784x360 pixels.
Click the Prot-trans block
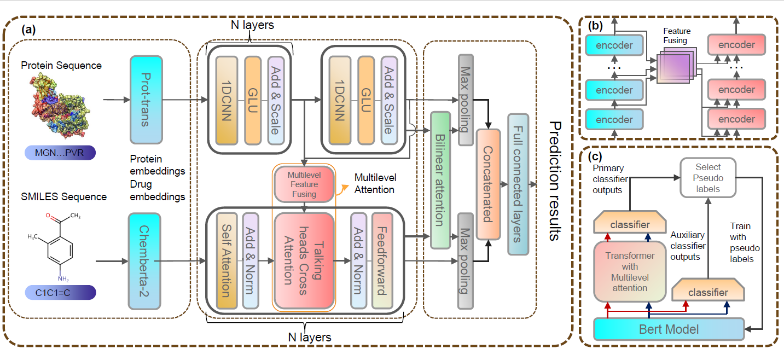(146, 100)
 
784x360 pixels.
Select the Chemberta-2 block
(144, 262)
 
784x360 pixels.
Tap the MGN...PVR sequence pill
(60, 153)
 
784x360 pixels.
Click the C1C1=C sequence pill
(60, 293)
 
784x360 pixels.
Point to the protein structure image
(60, 106)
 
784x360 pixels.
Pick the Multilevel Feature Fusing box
(304, 184)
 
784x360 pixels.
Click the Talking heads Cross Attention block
(304, 261)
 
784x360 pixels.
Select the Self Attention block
(227, 261)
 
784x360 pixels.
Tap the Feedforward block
(382, 261)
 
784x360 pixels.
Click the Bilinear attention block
(440, 181)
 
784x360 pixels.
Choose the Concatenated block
(489, 184)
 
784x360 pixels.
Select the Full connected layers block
(518, 184)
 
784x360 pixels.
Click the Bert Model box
(669, 329)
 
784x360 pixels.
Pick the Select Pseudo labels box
(708, 178)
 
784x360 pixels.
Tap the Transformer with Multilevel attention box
(630, 271)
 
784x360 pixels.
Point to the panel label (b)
(595, 26)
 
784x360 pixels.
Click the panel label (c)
(595, 156)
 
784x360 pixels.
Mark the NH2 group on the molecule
(63, 279)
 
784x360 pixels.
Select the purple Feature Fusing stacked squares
(676, 66)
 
